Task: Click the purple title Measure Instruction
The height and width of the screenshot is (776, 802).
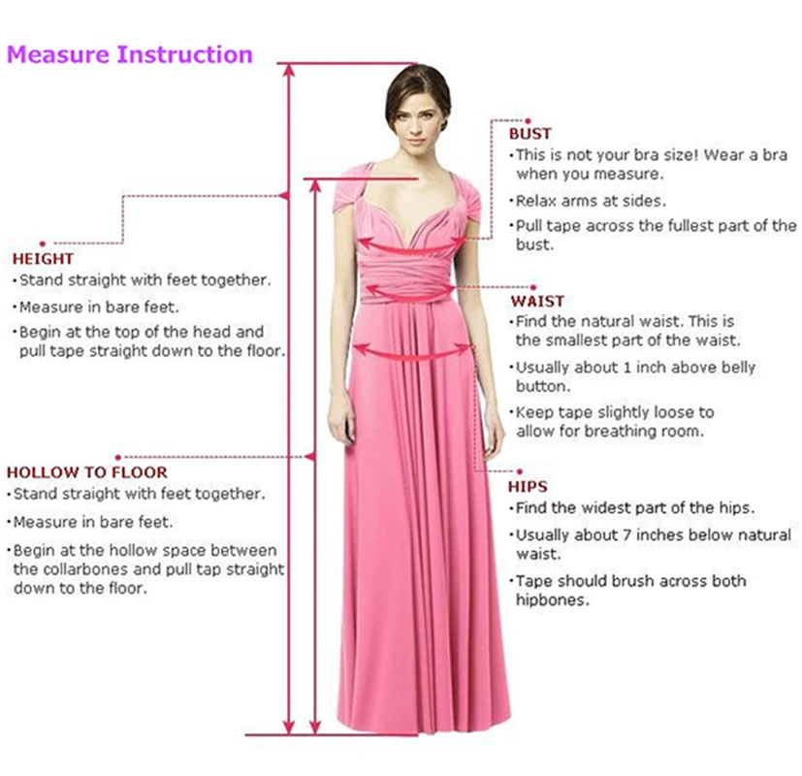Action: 130,54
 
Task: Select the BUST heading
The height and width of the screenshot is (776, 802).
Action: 529,134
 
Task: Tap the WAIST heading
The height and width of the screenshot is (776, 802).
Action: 537,301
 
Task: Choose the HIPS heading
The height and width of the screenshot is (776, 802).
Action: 528,487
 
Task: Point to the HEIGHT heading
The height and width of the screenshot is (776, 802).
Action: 43,259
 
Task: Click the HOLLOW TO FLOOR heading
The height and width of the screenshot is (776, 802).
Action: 87,472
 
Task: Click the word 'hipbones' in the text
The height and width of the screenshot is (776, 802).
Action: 552,600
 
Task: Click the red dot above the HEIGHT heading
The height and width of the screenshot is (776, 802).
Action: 42,242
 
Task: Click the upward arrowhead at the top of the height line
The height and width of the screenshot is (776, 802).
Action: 288,70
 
